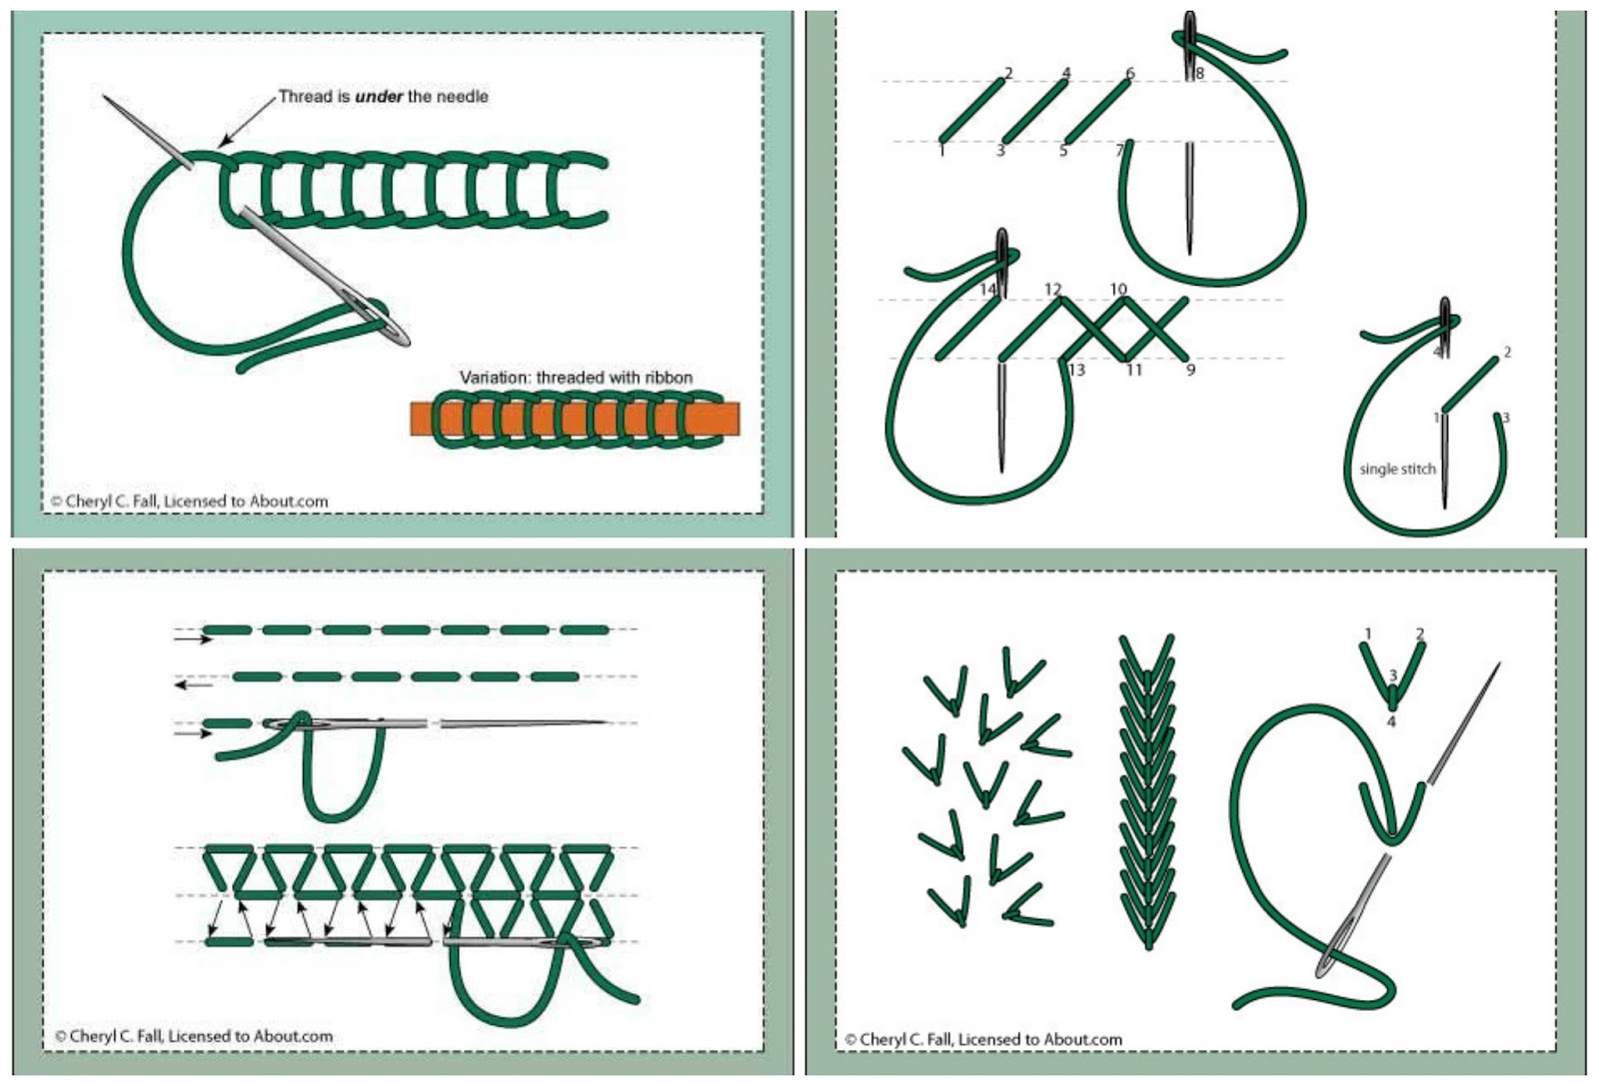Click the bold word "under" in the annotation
click(379, 97)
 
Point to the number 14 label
click(987, 290)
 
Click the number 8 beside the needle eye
click(1199, 73)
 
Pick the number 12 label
click(1052, 290)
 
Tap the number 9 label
click(1190, 370)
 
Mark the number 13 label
click(1076, 370)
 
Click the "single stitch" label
click(1397, 469)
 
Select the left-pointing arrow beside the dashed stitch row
click(193, 685)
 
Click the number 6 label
click(1130, 73)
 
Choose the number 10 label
click(1118, 290)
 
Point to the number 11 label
click(1133, 370)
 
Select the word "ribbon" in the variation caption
click(669, 378)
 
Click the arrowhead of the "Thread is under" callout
click(224, 143)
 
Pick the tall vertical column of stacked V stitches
click(1146, 789)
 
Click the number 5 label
click(1063, 151)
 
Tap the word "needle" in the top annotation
click(461, 97)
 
